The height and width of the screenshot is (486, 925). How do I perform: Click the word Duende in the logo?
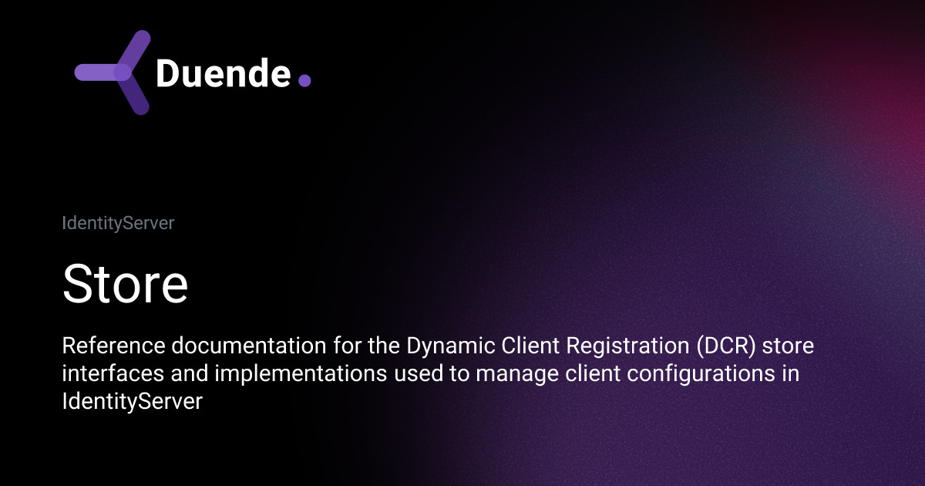223,73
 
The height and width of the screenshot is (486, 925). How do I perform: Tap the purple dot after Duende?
304,79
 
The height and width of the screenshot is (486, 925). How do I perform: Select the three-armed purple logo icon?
114,73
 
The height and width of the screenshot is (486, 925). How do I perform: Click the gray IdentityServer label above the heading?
118,223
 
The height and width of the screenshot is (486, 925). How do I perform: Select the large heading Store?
125,284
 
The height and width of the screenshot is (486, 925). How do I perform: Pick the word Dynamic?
425,347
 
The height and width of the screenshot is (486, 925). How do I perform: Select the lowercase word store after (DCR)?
792,347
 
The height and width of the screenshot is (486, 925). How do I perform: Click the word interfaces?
108,375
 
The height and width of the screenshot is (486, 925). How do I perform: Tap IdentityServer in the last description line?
132,402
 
